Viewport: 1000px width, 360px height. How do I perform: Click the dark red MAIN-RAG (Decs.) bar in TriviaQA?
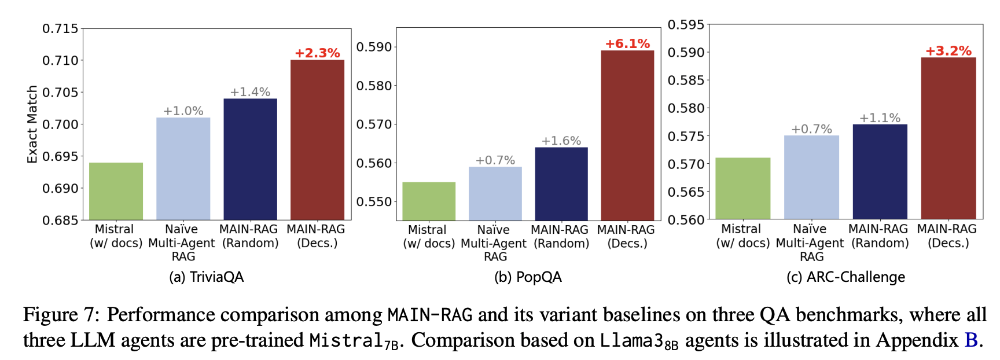click(317, 139)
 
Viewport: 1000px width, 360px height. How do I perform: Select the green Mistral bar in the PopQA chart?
click(429, 201)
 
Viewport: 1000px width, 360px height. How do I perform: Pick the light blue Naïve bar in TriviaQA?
click(183, 168)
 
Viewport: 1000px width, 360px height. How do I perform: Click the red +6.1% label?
click(627, 43)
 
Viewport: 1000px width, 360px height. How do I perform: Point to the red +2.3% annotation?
click(317, 53)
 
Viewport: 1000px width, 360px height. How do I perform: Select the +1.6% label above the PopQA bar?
click(561, 141)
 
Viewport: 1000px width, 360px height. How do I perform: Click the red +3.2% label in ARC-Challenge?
click(948, 50)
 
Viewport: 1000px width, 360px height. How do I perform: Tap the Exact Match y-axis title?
click(32, 124)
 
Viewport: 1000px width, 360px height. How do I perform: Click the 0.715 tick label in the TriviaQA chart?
click(60, 28)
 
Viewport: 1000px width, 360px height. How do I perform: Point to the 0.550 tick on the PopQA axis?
click(374, 201)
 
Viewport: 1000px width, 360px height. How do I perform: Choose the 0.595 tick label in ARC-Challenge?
click(686, 24)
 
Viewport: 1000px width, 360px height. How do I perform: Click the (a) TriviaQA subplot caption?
click(206, 277)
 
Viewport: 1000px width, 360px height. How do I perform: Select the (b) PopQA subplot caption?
click(528, 277)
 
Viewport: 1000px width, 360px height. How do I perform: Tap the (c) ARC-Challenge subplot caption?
click(845, 277)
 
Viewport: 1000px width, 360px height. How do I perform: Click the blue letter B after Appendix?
click(970, 340)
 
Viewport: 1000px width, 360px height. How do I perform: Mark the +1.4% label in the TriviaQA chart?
click(250, 91)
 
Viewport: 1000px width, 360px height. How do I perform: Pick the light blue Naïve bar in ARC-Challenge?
click(811, 177)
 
